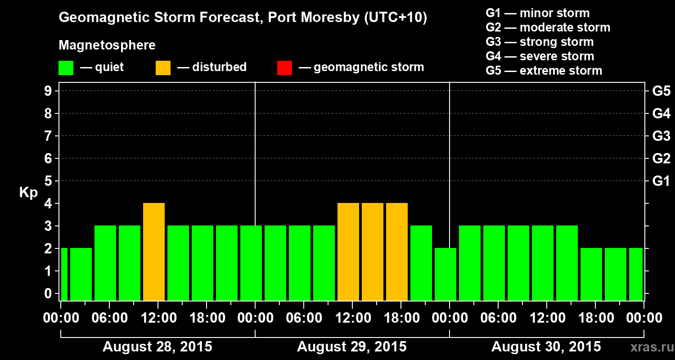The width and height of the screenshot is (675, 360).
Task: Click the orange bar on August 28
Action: tap(154, 252)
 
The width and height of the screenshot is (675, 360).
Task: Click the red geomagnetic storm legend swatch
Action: tap(284, 68)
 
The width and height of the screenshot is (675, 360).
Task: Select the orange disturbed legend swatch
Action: tap(163, 68)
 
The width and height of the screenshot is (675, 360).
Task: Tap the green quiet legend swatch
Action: tap(66, 68)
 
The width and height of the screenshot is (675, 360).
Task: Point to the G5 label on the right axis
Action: tap(661, 91)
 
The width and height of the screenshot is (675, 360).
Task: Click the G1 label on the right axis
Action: tap(661, 181)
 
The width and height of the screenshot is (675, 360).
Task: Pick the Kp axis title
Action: tap(28, 193)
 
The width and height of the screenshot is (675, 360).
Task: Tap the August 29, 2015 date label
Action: tap(351, 347)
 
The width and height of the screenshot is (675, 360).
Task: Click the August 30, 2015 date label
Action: tap(546, 347)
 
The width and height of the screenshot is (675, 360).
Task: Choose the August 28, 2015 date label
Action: tap(157, 347)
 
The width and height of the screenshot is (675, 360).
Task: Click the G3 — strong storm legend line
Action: tap(540, 42)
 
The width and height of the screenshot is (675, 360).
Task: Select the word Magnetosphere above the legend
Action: tap(107, 45)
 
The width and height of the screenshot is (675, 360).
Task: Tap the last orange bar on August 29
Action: tap(397, 252)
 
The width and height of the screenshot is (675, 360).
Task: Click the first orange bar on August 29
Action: tap(348, 252)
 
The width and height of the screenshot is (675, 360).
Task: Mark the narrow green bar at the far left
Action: tap(64, 274)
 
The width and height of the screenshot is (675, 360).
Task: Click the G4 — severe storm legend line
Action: tap(540, 56)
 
